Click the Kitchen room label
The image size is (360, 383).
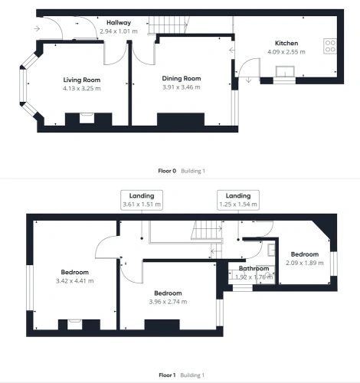286,43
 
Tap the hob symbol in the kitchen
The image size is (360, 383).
330,46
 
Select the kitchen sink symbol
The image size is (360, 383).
285,71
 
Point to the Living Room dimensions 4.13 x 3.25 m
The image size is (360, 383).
82,88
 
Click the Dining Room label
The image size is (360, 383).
182,78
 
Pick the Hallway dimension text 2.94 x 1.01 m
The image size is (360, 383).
119,31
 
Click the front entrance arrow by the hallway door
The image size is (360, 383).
37,28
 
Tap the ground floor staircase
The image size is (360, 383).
169,25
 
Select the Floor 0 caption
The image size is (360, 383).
167,171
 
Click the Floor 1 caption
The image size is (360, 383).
167,375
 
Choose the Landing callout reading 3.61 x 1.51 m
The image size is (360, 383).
142,200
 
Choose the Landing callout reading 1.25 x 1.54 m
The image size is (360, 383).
238,200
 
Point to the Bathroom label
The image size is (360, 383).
254,268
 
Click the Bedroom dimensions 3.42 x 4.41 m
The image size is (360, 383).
75,281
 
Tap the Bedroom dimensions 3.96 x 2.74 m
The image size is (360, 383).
168,302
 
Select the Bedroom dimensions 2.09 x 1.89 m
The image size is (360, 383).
305,263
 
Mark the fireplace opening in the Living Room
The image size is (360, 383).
87,119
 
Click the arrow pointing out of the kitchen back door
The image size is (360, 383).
248,80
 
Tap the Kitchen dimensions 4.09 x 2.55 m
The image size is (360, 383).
286,52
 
